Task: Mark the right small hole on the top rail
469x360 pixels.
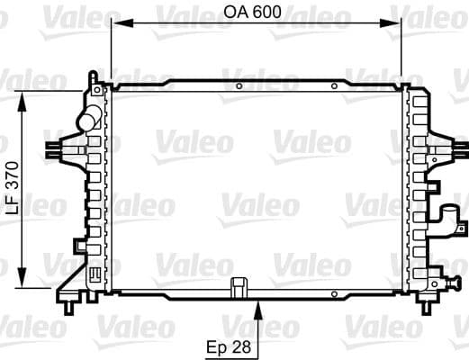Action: click(x=334, y=86)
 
